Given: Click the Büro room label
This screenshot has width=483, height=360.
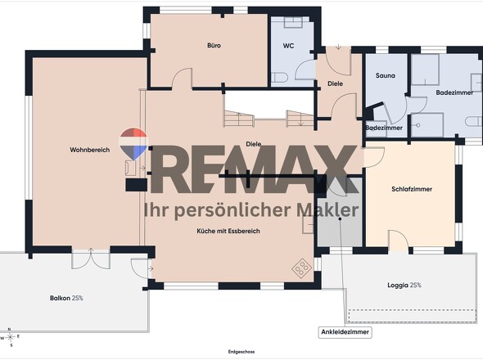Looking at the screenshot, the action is (x=214, y=46).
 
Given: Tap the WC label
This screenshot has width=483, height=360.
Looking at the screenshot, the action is (x=288, y=46).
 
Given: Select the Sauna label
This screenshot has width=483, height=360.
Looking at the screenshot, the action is (x=385, y=75).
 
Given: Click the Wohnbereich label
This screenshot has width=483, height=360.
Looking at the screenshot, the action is (x=89, y=150).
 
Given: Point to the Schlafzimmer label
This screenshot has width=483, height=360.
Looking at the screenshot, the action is (x=412, y=189).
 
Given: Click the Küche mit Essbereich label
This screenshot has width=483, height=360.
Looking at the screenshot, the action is (x=228, y=231).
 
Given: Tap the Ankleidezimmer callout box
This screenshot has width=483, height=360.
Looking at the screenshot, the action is (x=345, y=332).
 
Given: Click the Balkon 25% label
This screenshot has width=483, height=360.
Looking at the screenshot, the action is (x=66, y=298).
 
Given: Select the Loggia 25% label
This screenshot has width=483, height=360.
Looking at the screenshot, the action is (x=404, y=286).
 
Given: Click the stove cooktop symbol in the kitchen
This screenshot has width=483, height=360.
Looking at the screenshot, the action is (x=301, y=268).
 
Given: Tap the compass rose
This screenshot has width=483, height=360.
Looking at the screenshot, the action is (x=11, y=337).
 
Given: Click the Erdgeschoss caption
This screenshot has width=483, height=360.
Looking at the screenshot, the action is (x=241, y=352).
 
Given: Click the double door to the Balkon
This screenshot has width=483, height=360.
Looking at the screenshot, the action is (x=91, y=258).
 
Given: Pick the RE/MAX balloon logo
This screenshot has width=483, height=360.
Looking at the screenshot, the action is (x=133, y=144).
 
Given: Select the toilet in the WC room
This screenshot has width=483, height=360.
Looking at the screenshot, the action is (x=279, y=78).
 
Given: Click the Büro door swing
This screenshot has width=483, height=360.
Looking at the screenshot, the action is (x=182, y=79).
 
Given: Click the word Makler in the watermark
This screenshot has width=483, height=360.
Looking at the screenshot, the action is (x=327, y=209).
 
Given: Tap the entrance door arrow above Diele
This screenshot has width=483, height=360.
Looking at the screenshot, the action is (x=339, y=47).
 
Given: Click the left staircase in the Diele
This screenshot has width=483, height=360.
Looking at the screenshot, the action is (x=239, y=119).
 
